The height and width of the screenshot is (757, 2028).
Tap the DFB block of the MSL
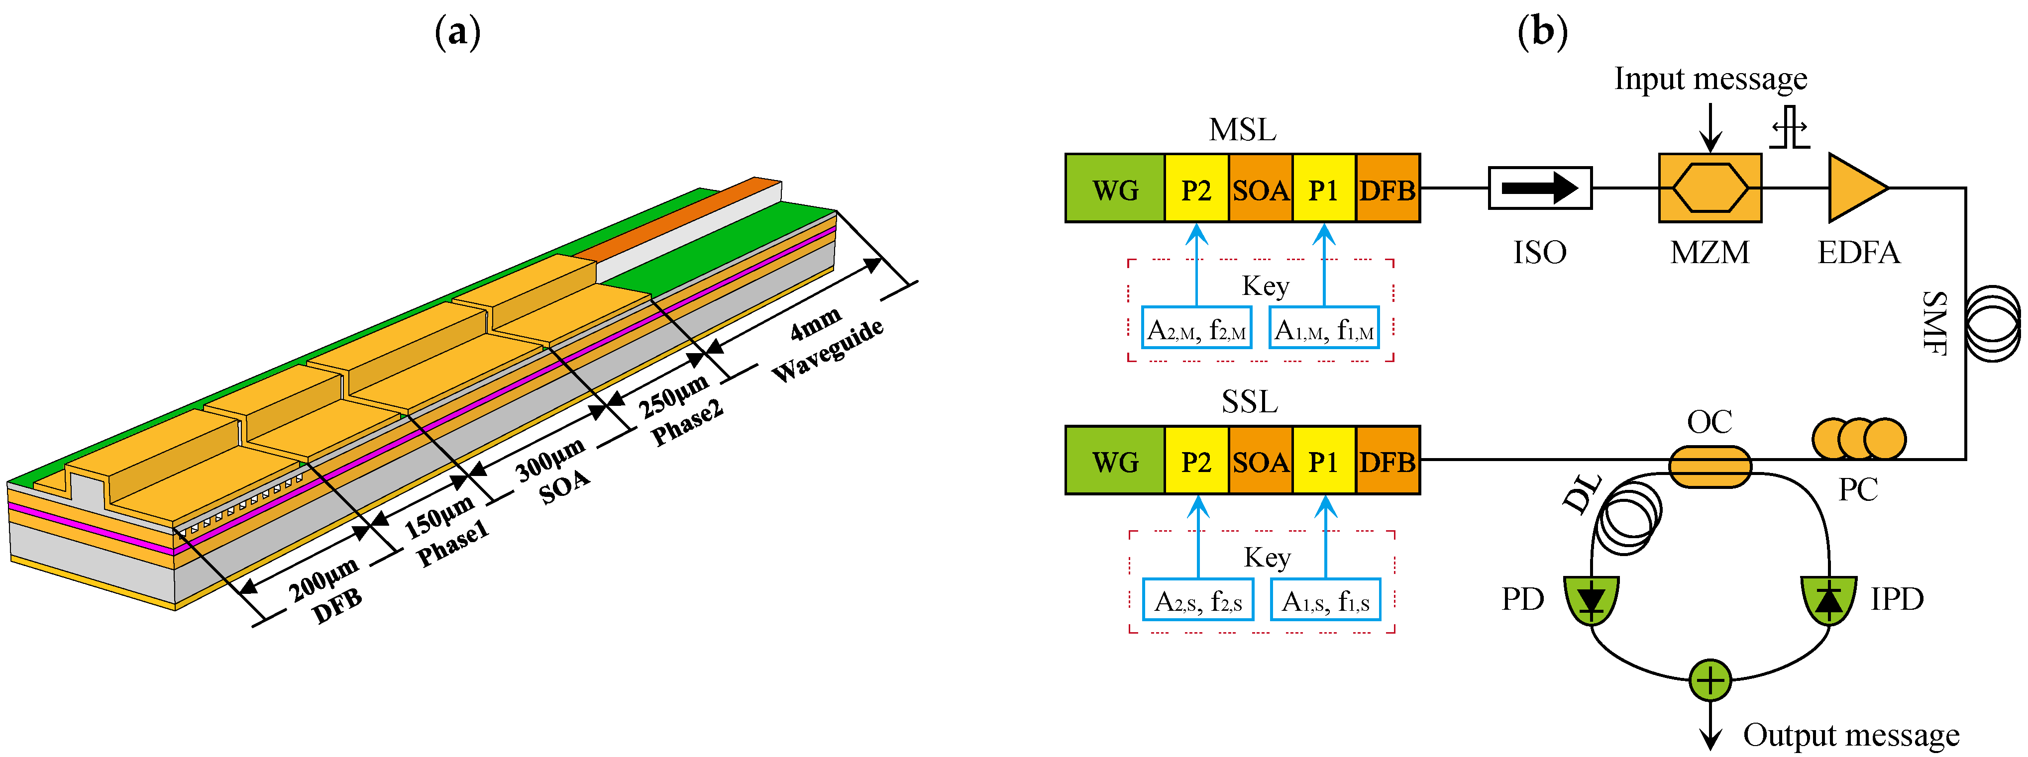[1387, 189]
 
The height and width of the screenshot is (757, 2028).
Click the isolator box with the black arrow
[1539, 188]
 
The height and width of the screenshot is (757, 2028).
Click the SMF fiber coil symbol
[1992, 323]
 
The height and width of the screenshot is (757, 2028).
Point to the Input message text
[1710, 79]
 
